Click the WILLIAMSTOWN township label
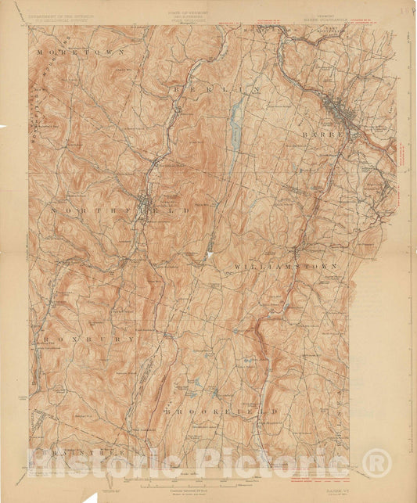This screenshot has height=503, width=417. [x=286, y=267]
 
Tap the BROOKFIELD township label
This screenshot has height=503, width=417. [x=221, y=410]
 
